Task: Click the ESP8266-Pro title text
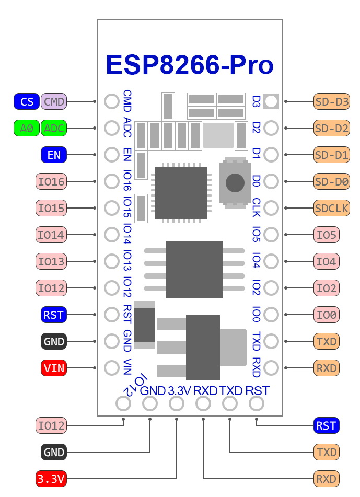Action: point(189,65)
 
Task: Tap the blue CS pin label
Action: point(27,101)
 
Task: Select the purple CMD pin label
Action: point(54,101)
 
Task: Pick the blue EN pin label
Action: point(54,155)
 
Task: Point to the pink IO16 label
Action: point(51,182)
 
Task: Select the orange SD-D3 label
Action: point(332,101)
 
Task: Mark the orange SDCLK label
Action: point(332,208)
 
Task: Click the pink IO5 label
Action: point(327,235)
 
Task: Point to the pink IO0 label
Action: point(327,315)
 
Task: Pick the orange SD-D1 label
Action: point(332,155)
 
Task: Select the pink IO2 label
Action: point(327,288)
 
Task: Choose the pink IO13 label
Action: point(51,261)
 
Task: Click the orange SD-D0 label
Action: point(332,182)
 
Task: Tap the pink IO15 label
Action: point(51,209)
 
